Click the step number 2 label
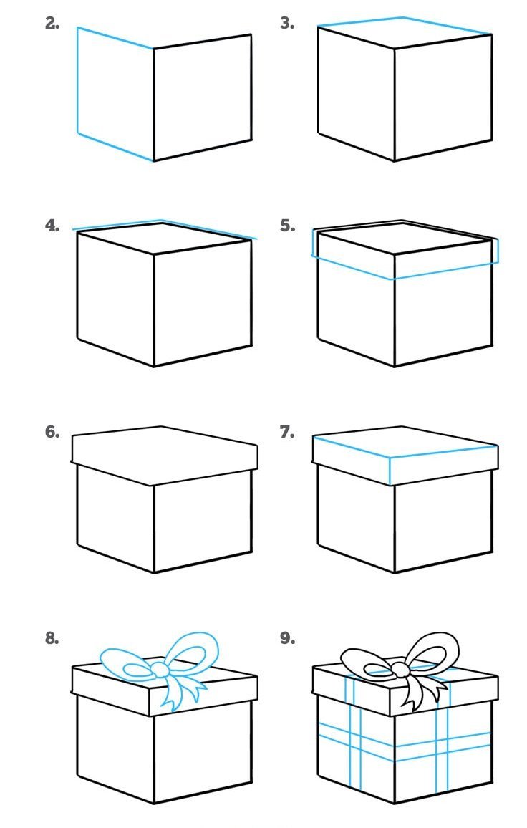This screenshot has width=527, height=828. (x=52, y=23)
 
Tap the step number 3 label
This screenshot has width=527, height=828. (x=286, y=23)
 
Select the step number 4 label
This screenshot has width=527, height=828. (x=52, y=226)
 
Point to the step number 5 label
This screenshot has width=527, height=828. (x=286, y=226)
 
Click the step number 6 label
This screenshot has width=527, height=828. (x=52, y=432)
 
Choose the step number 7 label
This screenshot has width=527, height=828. (x=286, y=432)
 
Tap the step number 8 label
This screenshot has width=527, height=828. (x=52, y=637)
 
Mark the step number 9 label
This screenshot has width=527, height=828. (x=286, y=637)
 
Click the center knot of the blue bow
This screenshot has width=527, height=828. (x=159, y=669)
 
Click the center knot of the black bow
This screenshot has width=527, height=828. (x=400, y=669)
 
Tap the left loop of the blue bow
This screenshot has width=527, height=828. (x=125, y=663)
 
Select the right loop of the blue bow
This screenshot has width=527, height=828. (x=192, y=652)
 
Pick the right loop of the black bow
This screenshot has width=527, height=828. (x=432, y=652)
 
